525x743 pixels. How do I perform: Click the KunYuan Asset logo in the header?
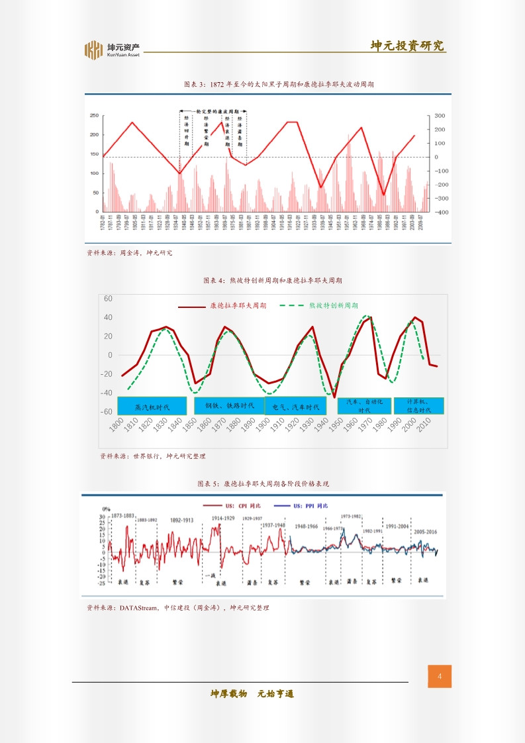pos(112,50)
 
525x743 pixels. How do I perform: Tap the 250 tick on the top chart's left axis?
pos(94,115)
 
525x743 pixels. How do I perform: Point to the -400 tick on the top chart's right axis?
pos(441,212)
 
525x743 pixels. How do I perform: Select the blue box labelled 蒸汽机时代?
pos(152,406)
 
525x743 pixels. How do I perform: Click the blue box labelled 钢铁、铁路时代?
pos(229,405)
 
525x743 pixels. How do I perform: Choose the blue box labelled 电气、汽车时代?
pos(296,406)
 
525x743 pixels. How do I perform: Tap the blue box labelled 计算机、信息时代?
pos(418,405)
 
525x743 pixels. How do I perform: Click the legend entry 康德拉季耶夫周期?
pos(238,306)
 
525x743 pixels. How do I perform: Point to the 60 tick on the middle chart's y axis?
pos(109,299)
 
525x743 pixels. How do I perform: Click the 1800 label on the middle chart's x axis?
pos(117,425)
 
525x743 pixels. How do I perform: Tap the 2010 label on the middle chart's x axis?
pos(425,425)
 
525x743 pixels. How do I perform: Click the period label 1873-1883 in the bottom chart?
pos(122,515)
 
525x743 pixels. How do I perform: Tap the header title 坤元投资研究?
pos(407,46)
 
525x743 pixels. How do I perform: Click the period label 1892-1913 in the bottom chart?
pos(182,520)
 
